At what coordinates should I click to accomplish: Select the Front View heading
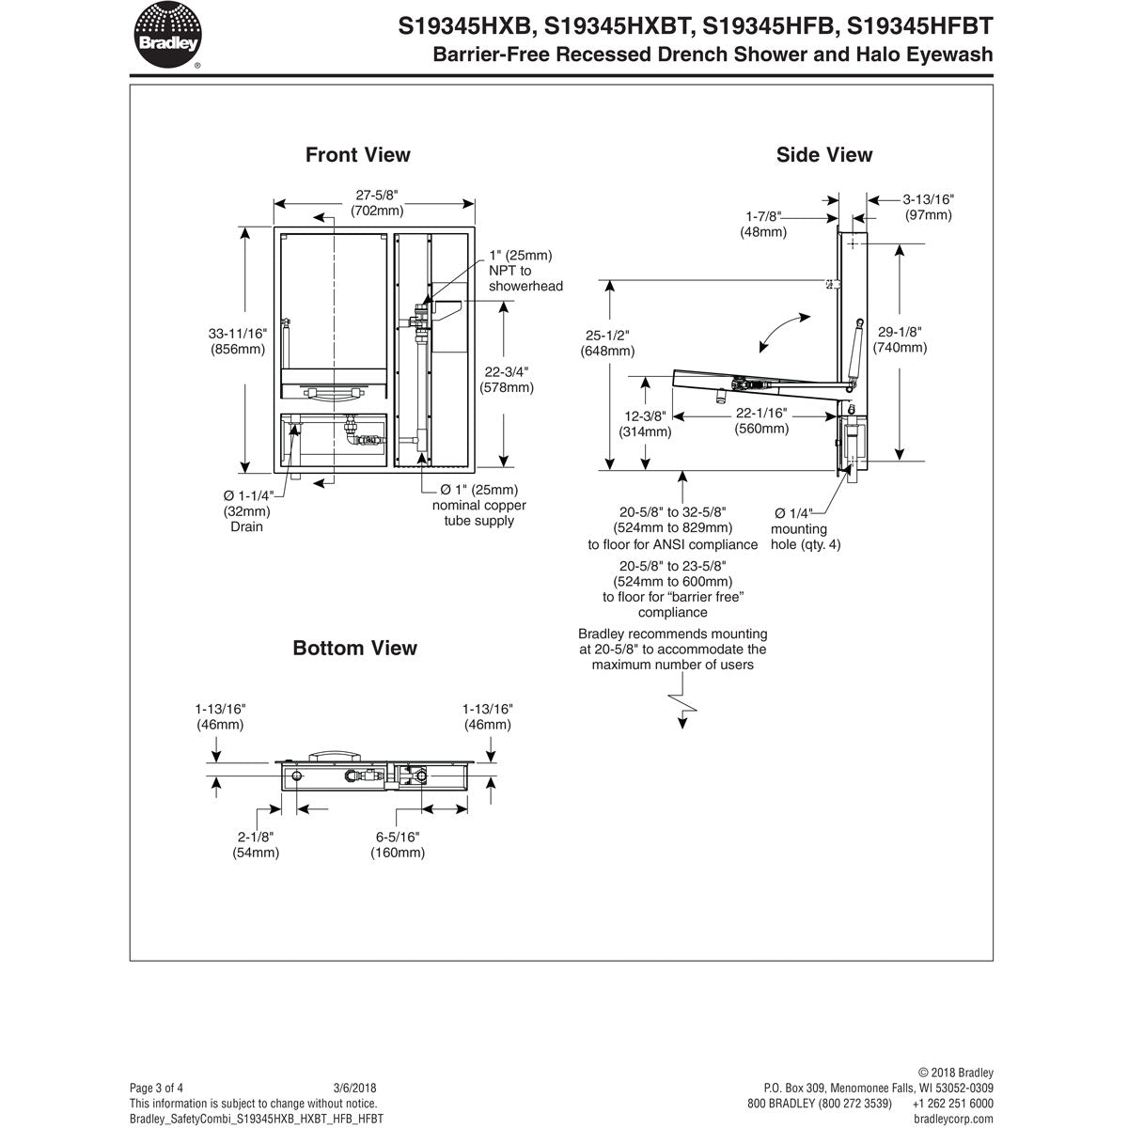(x=357, y=155)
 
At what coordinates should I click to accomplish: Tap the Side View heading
(x=823, y=155)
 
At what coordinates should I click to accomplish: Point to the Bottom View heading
(x=354, y=648)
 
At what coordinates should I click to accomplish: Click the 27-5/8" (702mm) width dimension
(x=377, y=203)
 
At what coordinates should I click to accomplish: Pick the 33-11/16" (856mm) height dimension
(x=238, y=340)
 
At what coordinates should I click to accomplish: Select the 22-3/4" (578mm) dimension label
(x=506, y=378)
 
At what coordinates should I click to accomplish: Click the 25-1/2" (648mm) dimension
(x=607, y=343)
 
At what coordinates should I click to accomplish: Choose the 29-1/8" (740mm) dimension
(x=900, y=339)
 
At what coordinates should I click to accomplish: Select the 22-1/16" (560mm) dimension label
(x=760, y=421)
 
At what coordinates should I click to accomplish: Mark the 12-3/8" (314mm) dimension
(x=645, y=423)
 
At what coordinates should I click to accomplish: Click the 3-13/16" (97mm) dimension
(x=928, y=207)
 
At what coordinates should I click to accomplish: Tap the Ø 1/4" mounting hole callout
(x=805, y=528)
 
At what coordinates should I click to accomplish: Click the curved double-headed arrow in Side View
(x=783, y=335)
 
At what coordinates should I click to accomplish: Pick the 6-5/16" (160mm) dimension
(x=397, y=844)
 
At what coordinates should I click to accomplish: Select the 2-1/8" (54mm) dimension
(x=256, y=844)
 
